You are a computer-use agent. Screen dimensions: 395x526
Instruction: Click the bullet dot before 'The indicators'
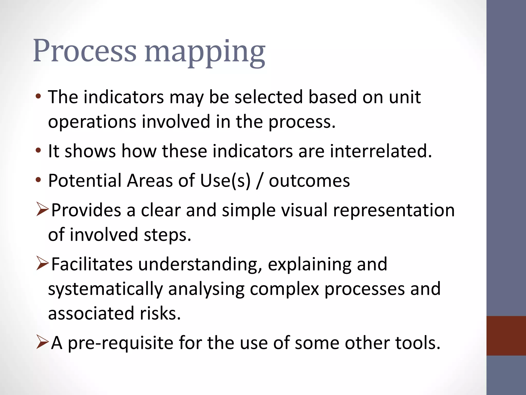(x=38, y=97)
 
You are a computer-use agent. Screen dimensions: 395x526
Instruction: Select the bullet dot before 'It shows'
(x=38, y=151)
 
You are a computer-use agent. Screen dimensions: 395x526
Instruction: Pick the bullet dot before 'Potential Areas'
(x=38, y=180)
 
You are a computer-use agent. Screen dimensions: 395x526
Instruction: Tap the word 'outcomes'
(x=309, y=181)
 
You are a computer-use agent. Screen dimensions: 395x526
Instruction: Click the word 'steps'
(x=167, y=235)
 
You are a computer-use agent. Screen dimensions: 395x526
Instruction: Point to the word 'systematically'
(x=105, y=289)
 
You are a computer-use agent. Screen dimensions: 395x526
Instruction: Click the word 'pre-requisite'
(x=120, y=343)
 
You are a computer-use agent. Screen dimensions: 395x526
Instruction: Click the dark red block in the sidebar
(x=506, y=336)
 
